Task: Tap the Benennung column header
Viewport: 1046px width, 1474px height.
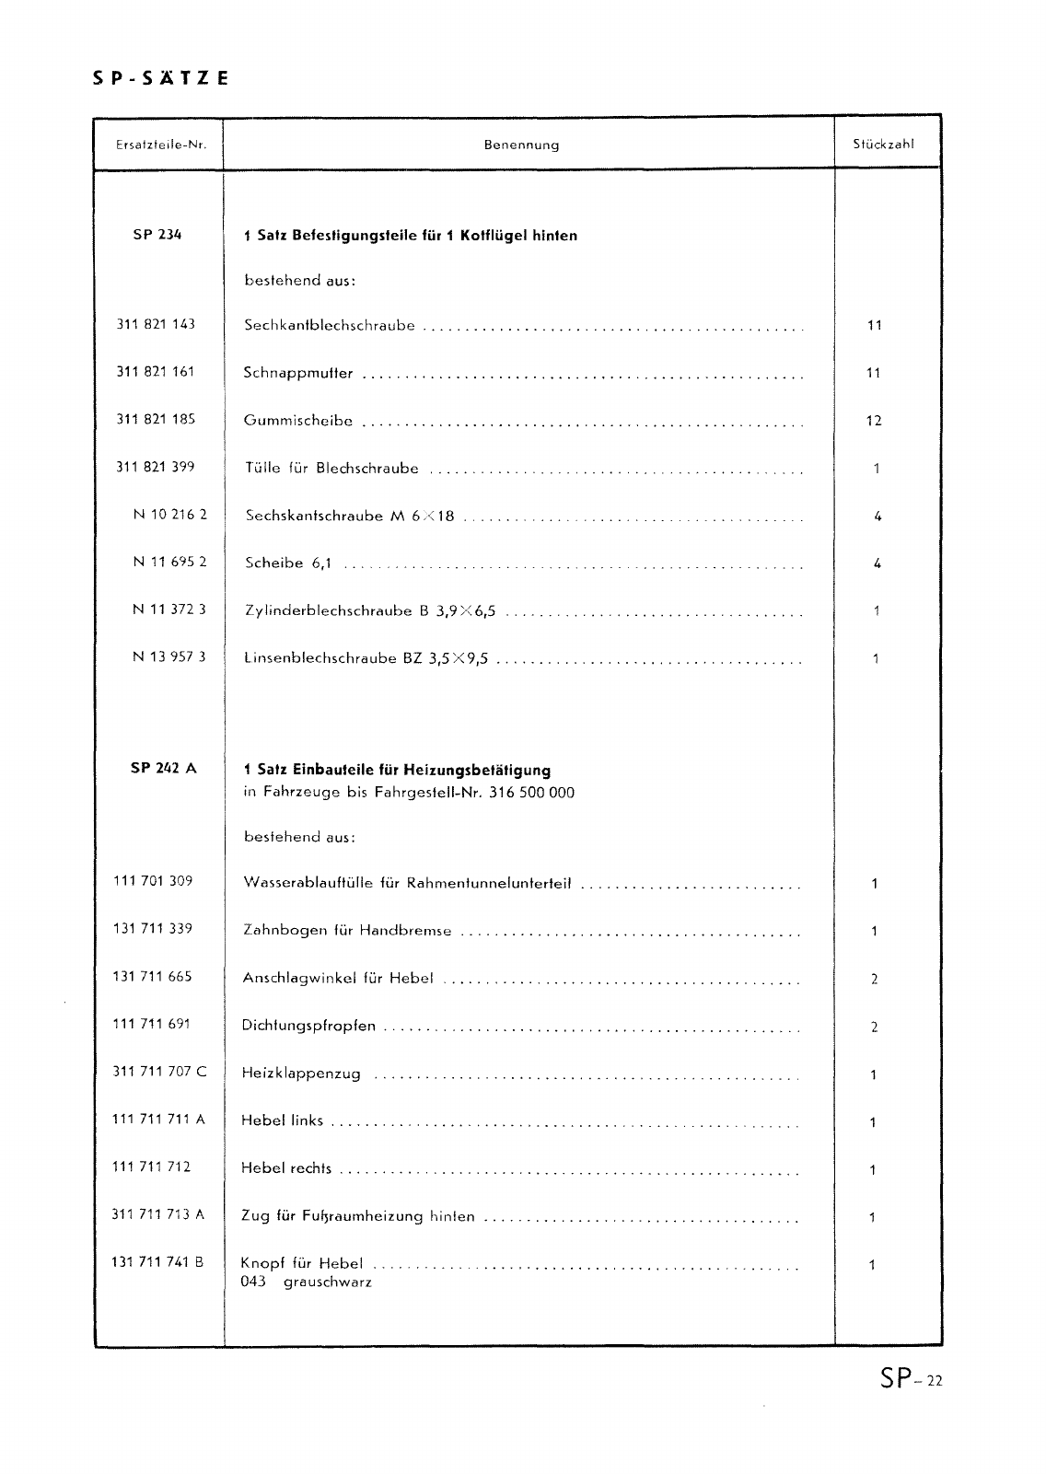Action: point(521,145)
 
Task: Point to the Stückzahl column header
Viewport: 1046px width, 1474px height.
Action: point(883,144)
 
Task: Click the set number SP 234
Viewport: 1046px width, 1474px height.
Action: point(157,234)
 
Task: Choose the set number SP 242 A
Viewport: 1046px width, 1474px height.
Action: point(164,768)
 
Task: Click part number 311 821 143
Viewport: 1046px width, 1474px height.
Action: point(156,324)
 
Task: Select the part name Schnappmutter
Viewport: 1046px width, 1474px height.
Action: point(298,373)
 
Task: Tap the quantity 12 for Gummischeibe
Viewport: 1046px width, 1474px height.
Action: point(874,421)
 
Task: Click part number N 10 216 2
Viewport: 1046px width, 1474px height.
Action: point(169,514)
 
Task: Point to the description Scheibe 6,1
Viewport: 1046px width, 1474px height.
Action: point(287,563)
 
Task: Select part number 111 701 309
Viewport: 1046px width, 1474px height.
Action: point(153,880)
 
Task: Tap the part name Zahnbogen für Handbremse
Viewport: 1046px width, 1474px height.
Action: point(346,930)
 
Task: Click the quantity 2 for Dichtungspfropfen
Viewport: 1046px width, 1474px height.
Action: point(874,1027)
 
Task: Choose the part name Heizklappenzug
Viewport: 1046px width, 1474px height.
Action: point(301,1074)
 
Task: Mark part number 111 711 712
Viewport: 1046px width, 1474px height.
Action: point(151,1166)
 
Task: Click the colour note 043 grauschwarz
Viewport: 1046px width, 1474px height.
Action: point(306,1282)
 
